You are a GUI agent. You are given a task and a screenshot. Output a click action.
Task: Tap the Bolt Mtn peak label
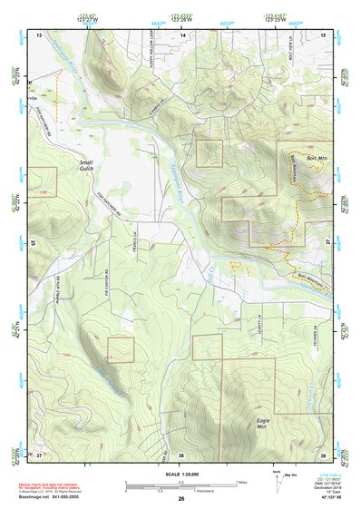pyautogui.click(x=316, y=162)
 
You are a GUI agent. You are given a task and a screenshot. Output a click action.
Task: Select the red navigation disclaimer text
pyautogui.click(x=54, y=487)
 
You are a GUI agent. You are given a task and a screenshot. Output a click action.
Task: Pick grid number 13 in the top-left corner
pyautogui.click(x=39, y=34)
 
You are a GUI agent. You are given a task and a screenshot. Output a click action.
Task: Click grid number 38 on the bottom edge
pyautogui.click(x=180, y=454)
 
